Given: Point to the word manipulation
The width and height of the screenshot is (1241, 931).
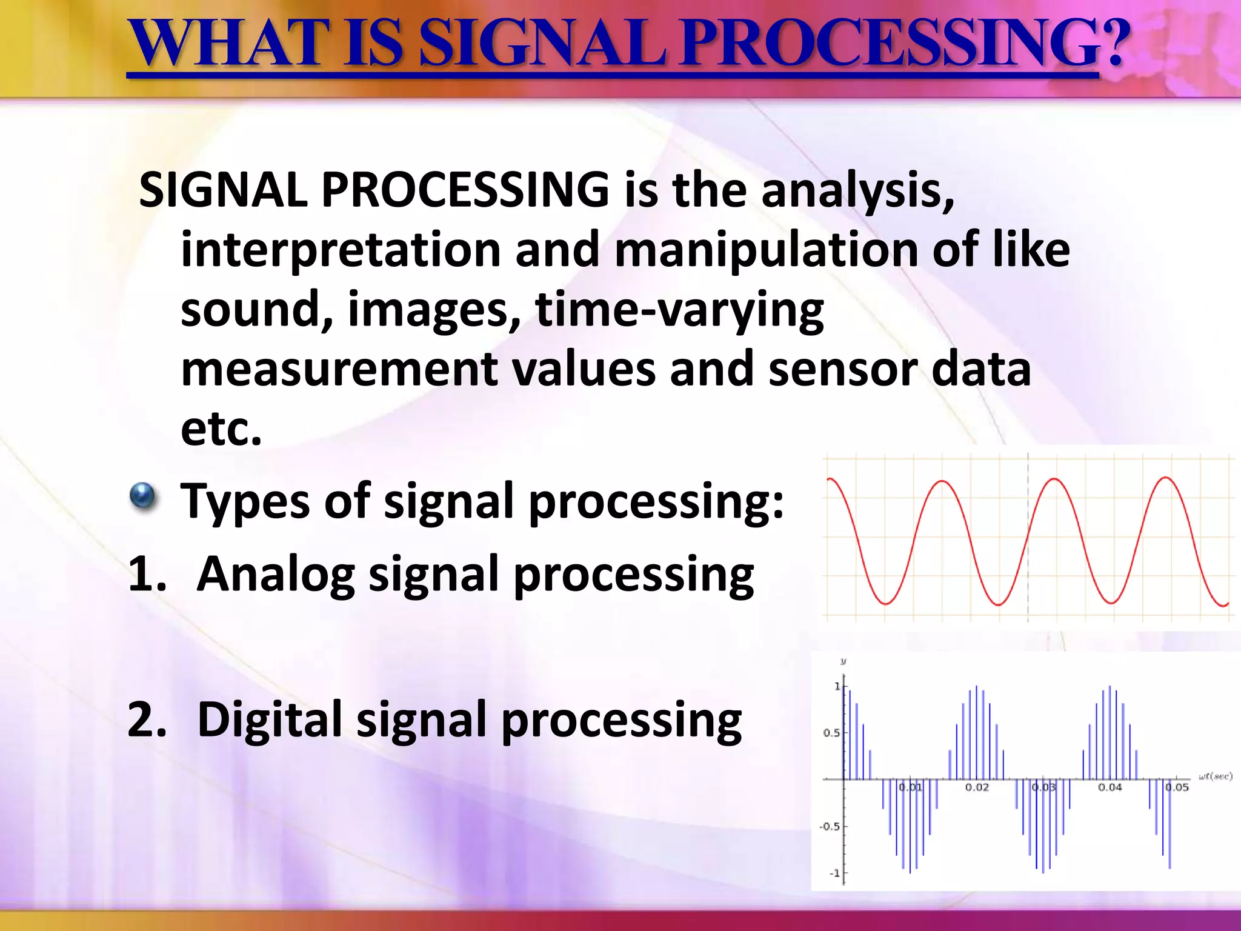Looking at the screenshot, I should point(766,250).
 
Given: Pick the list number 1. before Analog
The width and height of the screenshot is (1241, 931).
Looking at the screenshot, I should point(147,573).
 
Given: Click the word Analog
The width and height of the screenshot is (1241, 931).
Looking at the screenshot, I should point(276,575).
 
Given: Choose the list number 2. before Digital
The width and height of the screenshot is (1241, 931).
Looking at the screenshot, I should point(147,719).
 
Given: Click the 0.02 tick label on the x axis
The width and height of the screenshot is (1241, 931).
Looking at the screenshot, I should point(977,787).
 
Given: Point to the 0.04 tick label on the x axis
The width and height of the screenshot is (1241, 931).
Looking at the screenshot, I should point(1110,787).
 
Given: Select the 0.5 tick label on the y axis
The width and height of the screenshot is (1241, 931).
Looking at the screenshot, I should point(831,733).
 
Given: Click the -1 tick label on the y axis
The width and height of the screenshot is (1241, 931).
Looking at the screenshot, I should point(834,873).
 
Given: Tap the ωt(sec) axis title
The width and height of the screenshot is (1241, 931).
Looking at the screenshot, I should point(1216,776).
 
